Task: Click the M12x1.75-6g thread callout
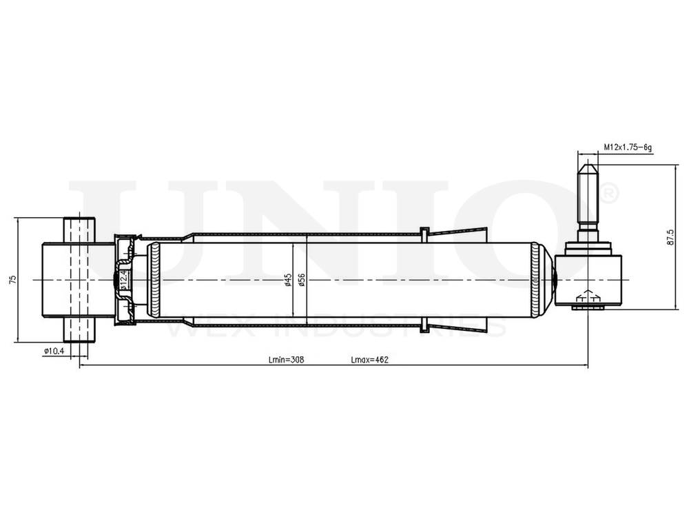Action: [628, 147]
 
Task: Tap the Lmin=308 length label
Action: [286, 360]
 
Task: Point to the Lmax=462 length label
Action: [370, 360]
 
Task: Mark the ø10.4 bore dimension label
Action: [54, 352]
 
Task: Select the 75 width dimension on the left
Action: [12, 279]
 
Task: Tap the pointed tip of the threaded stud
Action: [587, 165]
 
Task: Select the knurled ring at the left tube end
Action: [154, 280]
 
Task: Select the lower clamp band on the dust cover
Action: [424, 325]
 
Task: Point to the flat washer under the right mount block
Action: [587, 309]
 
